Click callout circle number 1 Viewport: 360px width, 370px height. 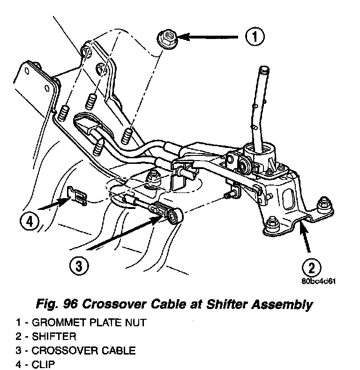(x=254, y=36)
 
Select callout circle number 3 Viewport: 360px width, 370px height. (x=79, y=266)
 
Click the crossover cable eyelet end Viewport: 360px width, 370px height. (x=175, y=216)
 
